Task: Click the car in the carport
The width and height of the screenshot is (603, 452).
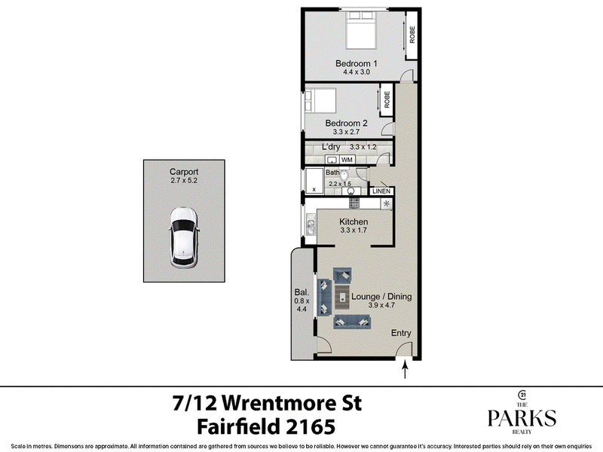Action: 184,237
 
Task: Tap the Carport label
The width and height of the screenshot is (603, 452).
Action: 184,172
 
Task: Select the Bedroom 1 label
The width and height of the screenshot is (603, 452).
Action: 356,63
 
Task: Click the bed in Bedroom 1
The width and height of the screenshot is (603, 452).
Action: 361,30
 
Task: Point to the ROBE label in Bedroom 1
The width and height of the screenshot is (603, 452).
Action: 412,35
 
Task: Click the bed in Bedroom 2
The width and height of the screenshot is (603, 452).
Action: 320,101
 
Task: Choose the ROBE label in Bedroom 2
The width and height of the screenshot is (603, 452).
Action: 387,99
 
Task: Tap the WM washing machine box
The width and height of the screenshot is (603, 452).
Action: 347,160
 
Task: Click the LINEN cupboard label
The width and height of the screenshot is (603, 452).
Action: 381,191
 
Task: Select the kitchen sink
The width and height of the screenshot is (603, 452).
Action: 311,225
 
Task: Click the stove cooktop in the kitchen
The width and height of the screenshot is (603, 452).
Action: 354,203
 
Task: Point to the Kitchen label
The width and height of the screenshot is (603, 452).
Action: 354,221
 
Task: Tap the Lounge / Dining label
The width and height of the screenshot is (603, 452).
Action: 381,296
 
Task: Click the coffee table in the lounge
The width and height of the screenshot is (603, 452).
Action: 342,297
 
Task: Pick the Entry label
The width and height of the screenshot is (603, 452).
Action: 401,333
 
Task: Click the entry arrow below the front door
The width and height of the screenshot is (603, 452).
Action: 405,371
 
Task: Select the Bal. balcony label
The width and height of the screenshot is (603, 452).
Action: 301,292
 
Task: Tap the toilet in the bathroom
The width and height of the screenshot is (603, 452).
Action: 344,176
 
